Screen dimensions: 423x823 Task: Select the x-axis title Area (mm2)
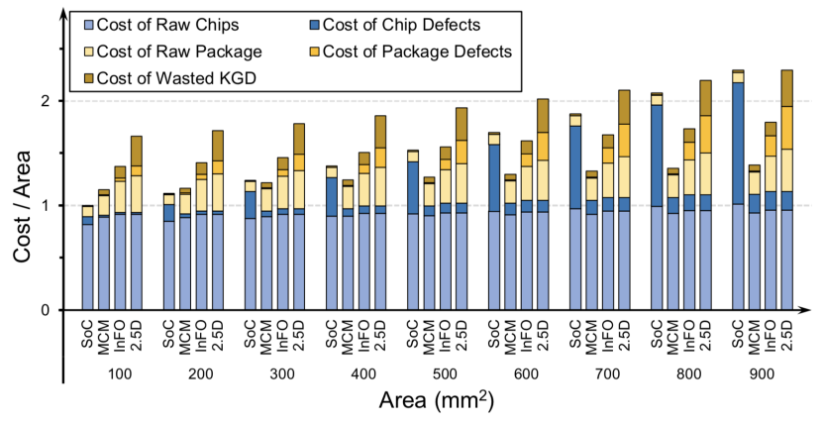435,401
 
